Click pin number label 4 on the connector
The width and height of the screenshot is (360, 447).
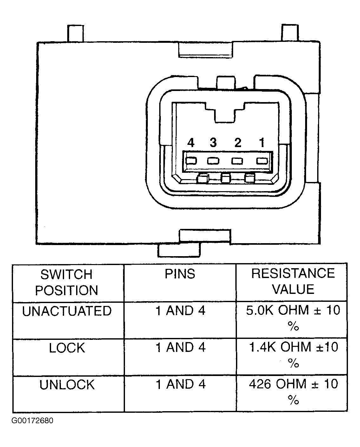coord(191,142)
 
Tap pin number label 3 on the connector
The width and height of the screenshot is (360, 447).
coord(213,142)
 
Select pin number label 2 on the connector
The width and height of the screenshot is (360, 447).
coord(238,142)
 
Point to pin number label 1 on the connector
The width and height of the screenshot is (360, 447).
coord(262,142)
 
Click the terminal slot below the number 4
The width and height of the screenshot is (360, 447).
coord(191,161)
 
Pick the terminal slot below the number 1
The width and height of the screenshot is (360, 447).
coord(262,161)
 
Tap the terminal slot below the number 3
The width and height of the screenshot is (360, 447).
coord(213,161)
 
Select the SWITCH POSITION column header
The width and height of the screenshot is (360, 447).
coord(67,282)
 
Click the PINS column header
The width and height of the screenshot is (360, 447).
coord(180,274)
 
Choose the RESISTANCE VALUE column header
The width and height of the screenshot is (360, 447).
coord(293,281)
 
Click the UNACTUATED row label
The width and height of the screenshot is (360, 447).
coord(67,311)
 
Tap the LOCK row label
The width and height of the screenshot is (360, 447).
coord(67,348)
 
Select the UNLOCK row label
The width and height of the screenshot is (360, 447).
coord(67,385)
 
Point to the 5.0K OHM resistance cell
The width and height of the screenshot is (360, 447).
coord(293,318)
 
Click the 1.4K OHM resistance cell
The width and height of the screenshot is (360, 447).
coord(293,354)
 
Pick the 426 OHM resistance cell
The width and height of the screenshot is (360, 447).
coord(293,391)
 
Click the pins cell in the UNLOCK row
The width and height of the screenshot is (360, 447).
coord(180,384)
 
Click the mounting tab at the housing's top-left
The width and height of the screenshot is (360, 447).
coord(76,33)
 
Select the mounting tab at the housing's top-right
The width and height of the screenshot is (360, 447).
coord(290,33)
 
